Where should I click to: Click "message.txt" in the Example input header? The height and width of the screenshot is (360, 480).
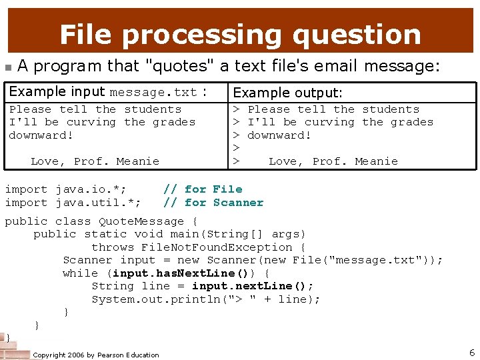(153, 93)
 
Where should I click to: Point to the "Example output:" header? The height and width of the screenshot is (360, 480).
(288, 93)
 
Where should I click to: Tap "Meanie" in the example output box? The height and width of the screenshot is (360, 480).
(376, 161)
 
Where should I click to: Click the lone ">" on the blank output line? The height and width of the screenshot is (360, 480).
(235, 148)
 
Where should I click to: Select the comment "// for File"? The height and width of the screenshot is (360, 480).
(203, 189)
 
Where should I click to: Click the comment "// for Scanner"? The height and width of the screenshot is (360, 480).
(213, 203)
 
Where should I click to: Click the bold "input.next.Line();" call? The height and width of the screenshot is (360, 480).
(253, 286)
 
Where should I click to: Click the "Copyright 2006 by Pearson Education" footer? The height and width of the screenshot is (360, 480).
(96, 355)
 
